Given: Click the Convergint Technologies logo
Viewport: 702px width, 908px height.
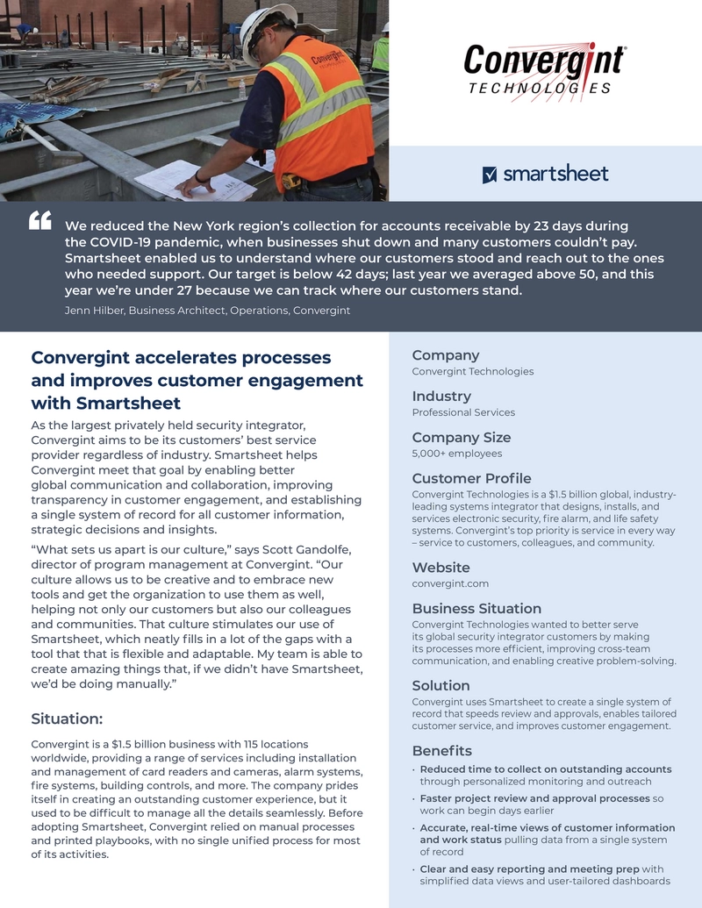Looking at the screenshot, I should (544, 69).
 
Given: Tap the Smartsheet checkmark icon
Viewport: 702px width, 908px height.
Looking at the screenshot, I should (490, 175).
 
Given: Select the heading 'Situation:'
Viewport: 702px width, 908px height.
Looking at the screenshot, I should (67, 719).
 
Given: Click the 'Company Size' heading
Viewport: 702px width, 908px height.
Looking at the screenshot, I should (461, 437).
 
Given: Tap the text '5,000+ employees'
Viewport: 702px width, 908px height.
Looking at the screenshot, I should (457, 454).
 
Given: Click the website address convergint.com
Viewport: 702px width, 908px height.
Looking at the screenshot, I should (450, 583).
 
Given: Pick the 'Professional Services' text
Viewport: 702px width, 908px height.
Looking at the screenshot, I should (463, 412).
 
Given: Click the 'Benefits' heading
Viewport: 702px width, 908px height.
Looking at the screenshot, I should (441, 751).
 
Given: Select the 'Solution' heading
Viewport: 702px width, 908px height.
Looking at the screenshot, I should (441, 685).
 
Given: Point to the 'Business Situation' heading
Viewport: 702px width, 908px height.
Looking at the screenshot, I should (476, 609).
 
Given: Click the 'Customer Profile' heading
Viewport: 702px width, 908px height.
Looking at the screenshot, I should (471, 478).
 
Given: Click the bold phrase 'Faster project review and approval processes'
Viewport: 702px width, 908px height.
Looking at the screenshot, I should (534, 798).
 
